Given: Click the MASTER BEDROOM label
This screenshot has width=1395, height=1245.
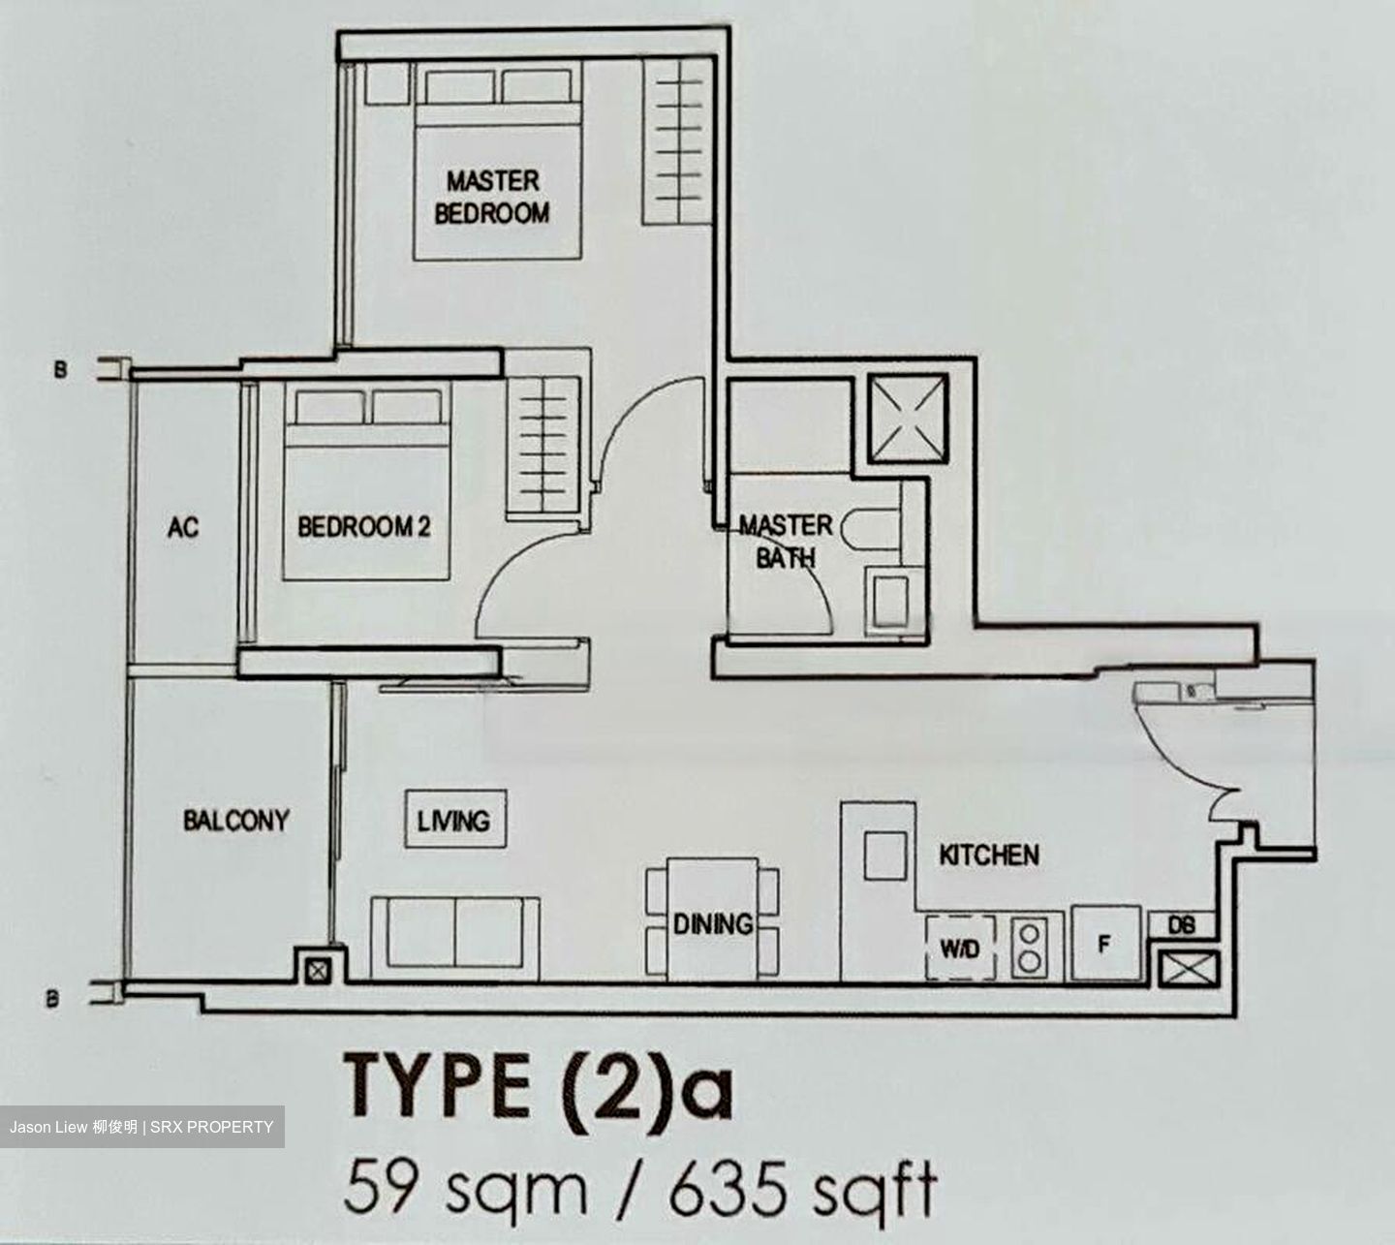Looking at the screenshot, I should tap(492, 197).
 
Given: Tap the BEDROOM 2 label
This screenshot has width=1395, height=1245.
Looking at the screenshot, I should tap(363, 527).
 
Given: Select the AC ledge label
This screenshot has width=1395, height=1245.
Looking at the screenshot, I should tap(183, 527).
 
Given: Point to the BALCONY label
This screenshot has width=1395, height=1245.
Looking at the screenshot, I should tap(236, 821).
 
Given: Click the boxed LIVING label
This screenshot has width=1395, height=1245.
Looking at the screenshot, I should tap(453, 822).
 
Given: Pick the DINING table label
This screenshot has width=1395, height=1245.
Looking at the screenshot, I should tap(713, 923).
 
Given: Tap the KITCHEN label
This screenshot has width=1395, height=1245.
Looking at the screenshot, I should tap(988, 855).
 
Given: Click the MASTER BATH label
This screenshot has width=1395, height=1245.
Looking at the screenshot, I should tap(786, 542).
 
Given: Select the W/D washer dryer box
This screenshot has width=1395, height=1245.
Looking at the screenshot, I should tap(959, 948).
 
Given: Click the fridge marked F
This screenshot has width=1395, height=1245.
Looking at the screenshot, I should tap(1104, 944).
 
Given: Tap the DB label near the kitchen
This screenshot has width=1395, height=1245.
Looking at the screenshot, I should tap(1181, 925).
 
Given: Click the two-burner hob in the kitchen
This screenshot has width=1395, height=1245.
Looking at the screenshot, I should tap(1028, 948).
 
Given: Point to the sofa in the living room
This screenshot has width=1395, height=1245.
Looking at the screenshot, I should tap(454, 932).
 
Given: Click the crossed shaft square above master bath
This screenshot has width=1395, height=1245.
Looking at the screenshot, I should tap(907, 418).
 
